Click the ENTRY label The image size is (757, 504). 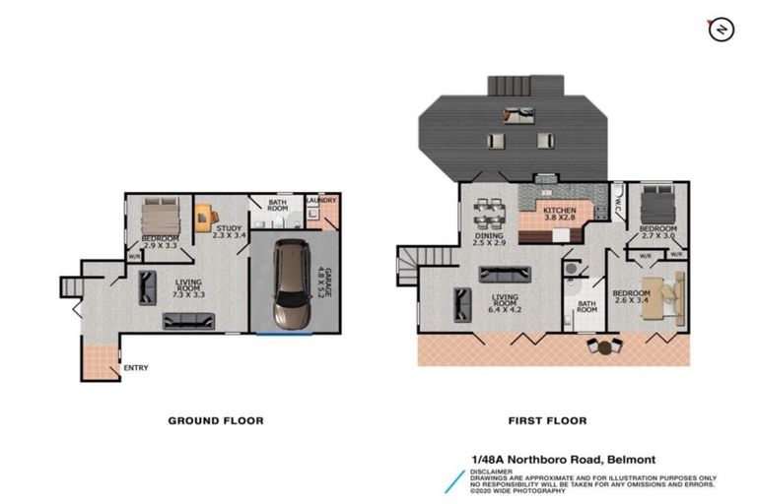pos(135,368)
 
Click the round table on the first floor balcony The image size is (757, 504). pos(604,346)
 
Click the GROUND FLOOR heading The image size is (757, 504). pos(215,420)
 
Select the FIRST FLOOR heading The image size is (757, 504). pos(547,420)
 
